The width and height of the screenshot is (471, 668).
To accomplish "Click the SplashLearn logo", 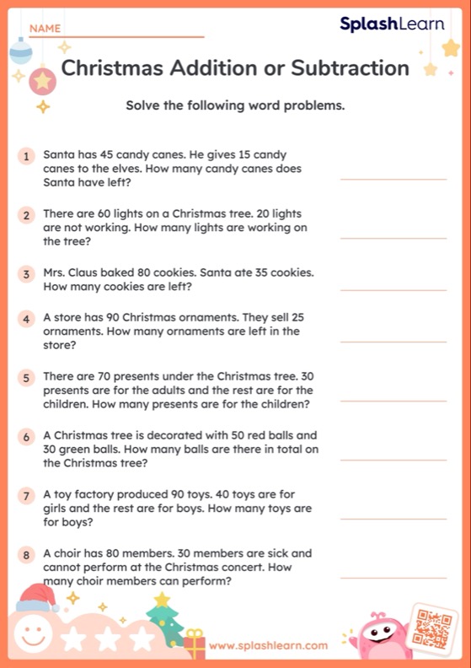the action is tap(392, 24).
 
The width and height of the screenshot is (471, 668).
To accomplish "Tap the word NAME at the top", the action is tap(45, 29).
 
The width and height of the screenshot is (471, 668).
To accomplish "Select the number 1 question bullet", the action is tap(27, 156).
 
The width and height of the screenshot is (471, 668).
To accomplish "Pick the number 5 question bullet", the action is tap(27, 378).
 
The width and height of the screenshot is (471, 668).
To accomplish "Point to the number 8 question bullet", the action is tap(27, 556).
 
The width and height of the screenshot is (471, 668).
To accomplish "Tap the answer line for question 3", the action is tap(393, 290).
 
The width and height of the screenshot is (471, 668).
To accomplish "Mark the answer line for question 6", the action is tap(393, 460).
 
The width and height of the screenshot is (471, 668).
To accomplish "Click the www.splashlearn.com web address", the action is tap(268, 646).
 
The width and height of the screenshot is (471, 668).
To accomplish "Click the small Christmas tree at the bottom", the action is tap(163, 622).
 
